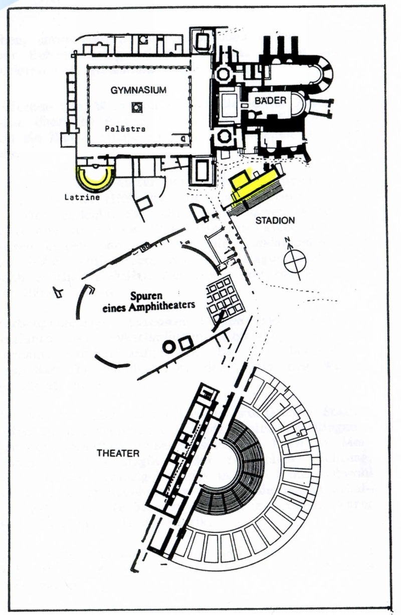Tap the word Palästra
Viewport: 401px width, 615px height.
126,128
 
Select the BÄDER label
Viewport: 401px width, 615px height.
270,101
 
